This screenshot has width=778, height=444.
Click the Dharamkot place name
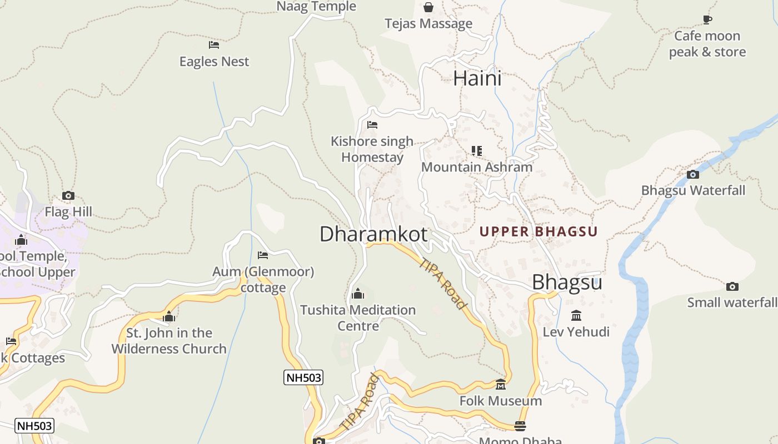click(373, 234)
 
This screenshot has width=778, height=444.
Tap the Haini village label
click(477, 78)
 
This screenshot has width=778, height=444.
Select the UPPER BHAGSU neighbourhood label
click(538, 231)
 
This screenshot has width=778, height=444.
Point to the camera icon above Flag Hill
click(68, 195)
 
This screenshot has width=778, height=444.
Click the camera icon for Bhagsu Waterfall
click(693, 174)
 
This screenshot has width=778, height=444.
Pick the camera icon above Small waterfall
click(732, 286)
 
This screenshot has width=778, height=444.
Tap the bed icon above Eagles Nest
click(214, 44)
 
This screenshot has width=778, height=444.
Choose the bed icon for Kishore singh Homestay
click(372, 125)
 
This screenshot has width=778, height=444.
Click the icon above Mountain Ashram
click(476, 150)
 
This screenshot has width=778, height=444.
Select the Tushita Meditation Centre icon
click(358, 293)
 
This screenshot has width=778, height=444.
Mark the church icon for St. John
click(169, 316)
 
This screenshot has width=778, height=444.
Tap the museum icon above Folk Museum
click(501, 384)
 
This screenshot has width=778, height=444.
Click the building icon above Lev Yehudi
click(576, 315)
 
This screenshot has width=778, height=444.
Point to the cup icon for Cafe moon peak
click(707, 19)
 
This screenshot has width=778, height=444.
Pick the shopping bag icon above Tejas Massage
click(428, 7)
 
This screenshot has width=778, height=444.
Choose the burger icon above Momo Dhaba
click(520, 426)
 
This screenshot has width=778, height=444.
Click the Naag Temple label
click(316, 6)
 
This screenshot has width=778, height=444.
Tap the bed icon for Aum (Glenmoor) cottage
click(263, 255)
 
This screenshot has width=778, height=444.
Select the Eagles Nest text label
click(214, 61)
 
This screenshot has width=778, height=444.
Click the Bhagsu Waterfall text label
click(693, 190)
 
